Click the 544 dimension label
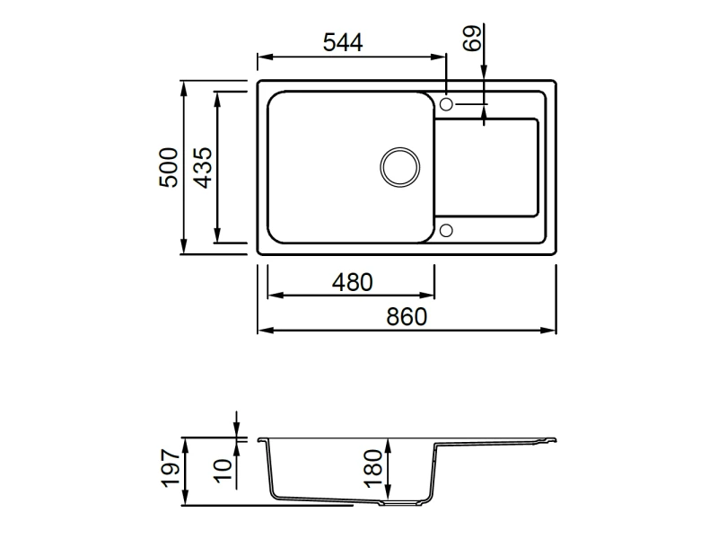pyautogui.click(x=343, y=42)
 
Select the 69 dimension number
pyautogui.click(x=473, y=38)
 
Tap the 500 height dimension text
pyautogui.click(x=169, y=167)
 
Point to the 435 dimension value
pyautogui.click(x=203, y=168)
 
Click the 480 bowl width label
pyautogui.click(x=352, y=282)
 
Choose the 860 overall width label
pyautogui.click(x=407, y=317)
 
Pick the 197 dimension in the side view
pyautogui.click(x=171, y=468)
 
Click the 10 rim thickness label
pyautogui.click(x=223, y=470)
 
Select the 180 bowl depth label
pyautogui.click(x=374, y=468)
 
